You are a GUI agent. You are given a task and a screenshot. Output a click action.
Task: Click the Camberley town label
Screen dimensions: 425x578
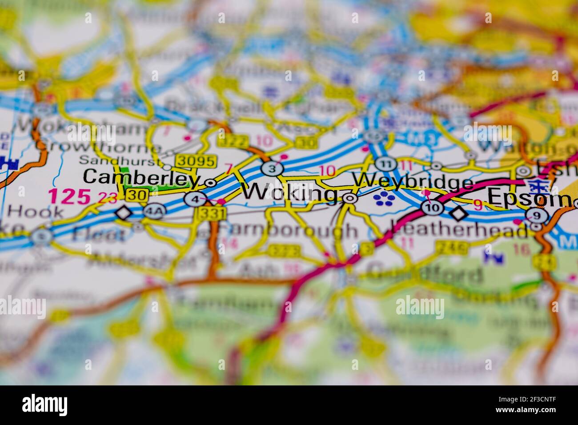point(140,177)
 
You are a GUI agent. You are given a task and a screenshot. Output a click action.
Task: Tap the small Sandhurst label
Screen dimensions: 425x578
point(120,160)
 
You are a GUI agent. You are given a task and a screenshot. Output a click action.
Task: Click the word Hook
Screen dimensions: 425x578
point(36,211)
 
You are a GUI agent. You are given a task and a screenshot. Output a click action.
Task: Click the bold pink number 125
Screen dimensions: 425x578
point(69,196)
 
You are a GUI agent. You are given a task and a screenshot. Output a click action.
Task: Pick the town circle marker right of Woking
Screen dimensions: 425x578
point(350,199)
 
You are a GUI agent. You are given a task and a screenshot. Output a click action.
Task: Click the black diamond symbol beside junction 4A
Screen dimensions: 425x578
point(124,213)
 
